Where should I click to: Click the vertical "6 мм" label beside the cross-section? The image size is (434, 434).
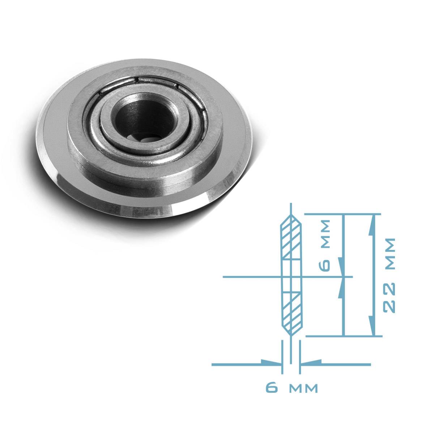[325, 245]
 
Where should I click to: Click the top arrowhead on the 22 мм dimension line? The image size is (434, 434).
[372, 224]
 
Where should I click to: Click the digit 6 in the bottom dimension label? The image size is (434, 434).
[272, 388]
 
